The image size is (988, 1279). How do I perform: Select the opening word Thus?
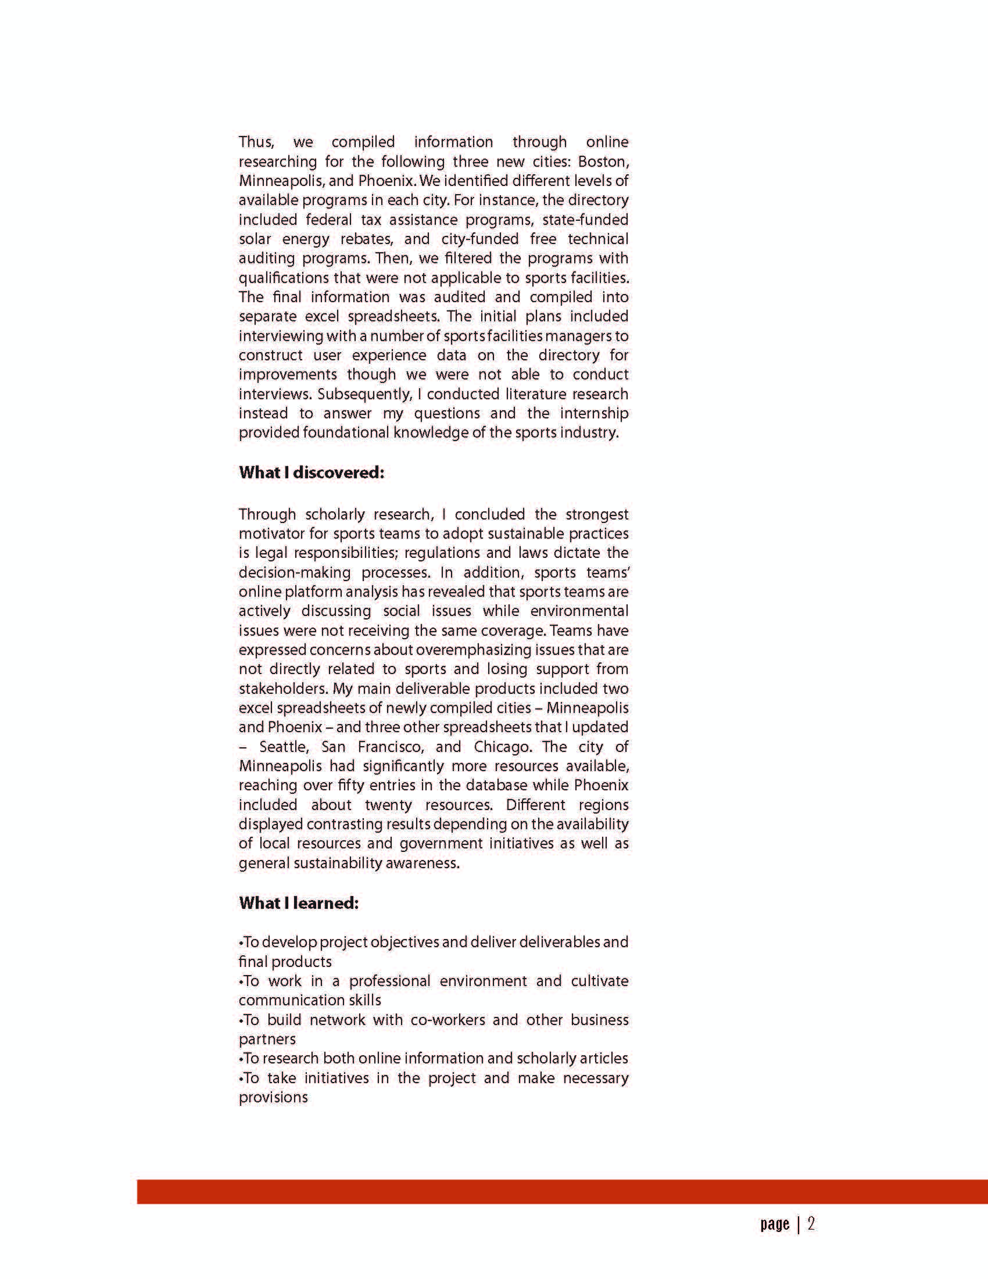(x=256, y=142)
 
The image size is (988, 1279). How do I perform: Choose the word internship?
(x=594, y=413)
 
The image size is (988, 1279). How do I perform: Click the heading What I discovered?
(x=311, y=472)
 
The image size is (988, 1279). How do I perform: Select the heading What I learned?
(x=299, y=903)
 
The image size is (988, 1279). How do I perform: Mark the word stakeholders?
(x=282, y=689)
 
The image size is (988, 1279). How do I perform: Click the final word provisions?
(x=273, y=1097)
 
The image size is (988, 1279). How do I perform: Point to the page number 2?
(x=811, y=1223)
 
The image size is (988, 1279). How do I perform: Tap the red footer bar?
(x=562, y=1192)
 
